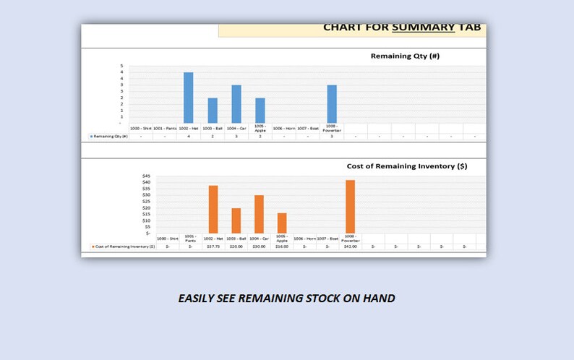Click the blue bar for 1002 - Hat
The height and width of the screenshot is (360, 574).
[188, 98]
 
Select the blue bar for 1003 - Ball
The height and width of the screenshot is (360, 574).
[213, 111]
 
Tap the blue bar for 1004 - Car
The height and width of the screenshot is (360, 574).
[236, 104]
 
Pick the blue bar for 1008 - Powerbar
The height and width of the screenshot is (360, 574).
[332, 104]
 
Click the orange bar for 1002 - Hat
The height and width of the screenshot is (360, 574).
[213, 209]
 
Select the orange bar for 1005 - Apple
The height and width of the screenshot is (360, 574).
[282, 223]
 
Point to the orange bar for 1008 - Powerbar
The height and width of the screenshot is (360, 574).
[351, 206]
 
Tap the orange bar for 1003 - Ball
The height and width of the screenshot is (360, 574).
[236, 220]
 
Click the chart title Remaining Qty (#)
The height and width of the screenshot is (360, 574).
[405, 56]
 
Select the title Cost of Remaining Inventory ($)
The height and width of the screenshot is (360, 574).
[407, 166]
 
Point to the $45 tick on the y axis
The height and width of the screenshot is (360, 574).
[146, 176]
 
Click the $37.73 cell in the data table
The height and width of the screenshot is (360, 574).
[213, 247]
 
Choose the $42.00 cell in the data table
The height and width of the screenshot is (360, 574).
[351, 247]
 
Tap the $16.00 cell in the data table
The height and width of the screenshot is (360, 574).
[282, 247]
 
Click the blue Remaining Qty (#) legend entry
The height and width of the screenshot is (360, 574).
[108, 136]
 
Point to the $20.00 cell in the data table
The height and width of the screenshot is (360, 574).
[236, 247]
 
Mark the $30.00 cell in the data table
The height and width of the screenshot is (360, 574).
[259, 247]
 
